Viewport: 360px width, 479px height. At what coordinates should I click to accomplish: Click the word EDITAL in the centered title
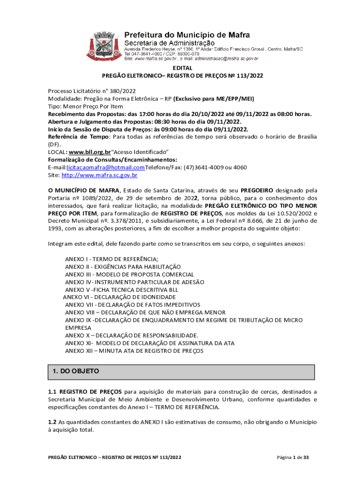coord(182,68)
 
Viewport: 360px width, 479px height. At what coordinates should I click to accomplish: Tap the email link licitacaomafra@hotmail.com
coord(106,167)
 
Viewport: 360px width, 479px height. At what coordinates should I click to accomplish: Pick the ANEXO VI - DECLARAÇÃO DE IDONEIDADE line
coord(119,297)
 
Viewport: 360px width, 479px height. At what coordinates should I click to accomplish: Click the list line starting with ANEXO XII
coord(134,350)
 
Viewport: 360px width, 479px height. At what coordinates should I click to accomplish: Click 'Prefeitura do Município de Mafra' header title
coord(187,35)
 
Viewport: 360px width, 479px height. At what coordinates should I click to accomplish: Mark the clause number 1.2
coord(52,422)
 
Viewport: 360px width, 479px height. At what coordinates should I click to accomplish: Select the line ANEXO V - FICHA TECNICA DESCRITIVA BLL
coord(122,290)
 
